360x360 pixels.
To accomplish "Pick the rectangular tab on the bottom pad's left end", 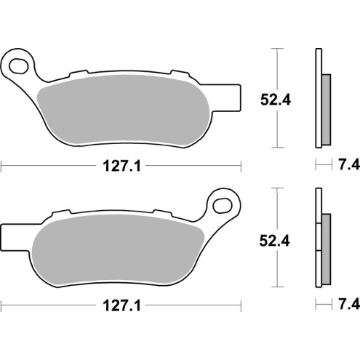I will tap(11, 236).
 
